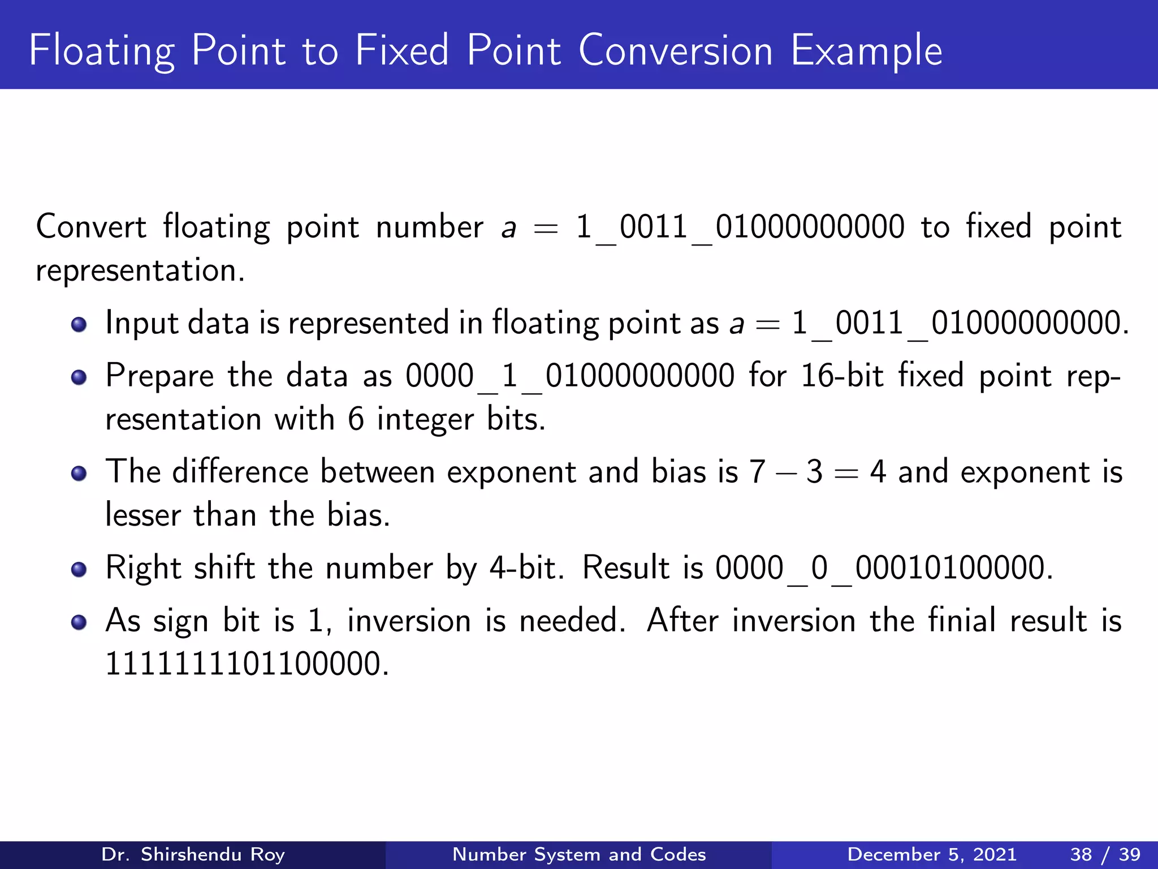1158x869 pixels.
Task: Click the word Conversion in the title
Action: pos(675,51)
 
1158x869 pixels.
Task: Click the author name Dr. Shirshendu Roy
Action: pos(193,854)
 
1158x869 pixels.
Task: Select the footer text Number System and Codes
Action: pos(579,854)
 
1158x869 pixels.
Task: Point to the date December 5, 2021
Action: pos(932,854)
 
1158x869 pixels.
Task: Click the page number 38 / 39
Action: pos(1105,854)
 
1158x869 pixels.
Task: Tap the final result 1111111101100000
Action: pos(247,664)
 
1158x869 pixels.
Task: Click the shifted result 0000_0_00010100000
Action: pos(883,568)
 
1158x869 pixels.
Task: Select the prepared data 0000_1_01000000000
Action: pos(570,376)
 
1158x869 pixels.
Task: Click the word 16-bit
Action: pos(842,376)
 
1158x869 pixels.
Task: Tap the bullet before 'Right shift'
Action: pos(79,569)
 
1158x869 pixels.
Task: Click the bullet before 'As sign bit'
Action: pos(79,622)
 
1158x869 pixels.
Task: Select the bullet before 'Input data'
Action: pos(79,324)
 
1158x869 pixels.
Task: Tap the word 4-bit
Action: pos(526,568)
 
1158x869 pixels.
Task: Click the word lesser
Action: pos(143,515)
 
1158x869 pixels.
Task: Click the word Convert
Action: pos(91,227)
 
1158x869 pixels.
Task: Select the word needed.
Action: pos(572,621)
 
